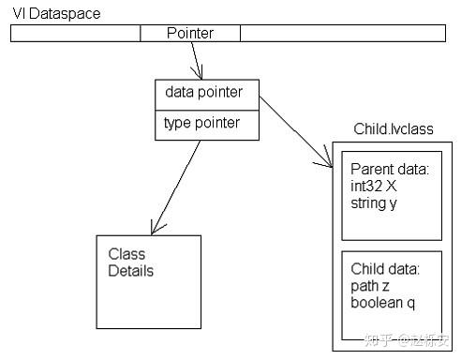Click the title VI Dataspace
click(x=56, y=13)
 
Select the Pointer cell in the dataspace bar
click(x=190, y=34)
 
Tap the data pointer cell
click(x=206, y=93)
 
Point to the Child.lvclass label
click(x=394, y=128)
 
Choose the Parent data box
click(x=390, y=194)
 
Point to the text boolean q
click(x=382, y=304)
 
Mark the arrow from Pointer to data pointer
click(x=195, y=61)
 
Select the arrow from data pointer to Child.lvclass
click(x=295, y=131)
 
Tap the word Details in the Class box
click(x=131, y=272)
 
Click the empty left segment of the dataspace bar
click(x=75, y=34)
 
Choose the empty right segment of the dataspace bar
click(x=343, y=34)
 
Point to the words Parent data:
click(x=389, y=170)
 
